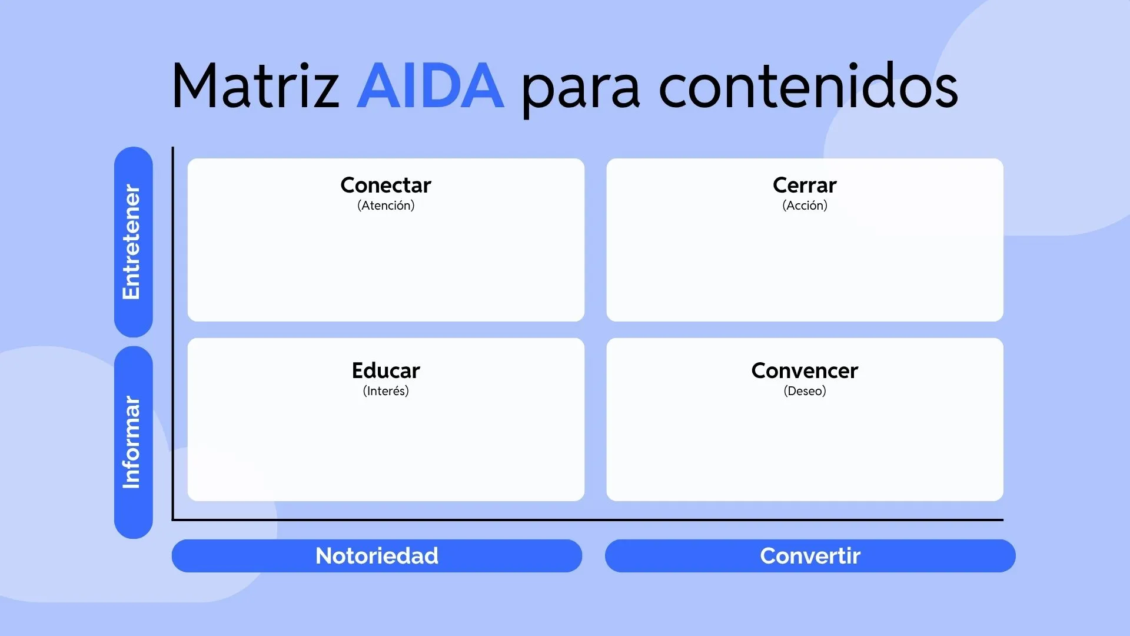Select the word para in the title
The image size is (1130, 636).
580,88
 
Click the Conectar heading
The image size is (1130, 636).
385,185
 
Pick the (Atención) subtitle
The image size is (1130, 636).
385,206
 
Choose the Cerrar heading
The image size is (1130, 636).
804,185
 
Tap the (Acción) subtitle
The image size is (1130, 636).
804,206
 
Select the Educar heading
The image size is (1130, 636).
385,370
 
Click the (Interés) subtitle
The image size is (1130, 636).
385,391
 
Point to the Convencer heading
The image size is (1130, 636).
804,370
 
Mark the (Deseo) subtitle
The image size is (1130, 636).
804,391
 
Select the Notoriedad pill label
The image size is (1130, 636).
377,556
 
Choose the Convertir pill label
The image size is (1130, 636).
810,556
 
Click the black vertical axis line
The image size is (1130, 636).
173,330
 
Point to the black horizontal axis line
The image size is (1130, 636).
589,520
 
